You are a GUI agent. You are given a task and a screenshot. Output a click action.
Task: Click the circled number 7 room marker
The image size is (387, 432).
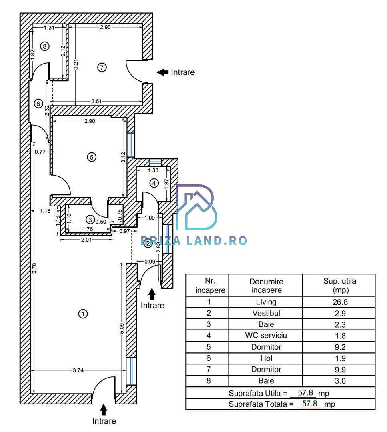click(x=102, y=67)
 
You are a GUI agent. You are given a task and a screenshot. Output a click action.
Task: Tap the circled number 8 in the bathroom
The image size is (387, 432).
click(x=45, y=46)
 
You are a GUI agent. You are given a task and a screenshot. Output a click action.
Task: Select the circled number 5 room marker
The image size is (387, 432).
click(x=92, y=157)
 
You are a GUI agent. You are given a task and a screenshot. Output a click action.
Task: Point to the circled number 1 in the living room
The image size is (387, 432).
click(x=83, y=314)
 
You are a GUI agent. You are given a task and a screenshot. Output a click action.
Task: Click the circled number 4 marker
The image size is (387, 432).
click(x=154, y=183)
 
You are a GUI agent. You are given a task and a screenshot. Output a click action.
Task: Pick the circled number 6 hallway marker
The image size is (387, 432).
click(x=38, y=104)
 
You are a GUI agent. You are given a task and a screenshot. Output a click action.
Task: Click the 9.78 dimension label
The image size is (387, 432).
click(x=34, y=268)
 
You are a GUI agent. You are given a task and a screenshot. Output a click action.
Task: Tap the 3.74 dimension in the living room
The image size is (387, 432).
click(x=78, y=370)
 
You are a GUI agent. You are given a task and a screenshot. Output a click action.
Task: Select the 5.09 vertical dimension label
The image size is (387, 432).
click(x=122, y=328)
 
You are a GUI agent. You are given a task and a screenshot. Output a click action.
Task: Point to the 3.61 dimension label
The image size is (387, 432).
click(x=96, y=101)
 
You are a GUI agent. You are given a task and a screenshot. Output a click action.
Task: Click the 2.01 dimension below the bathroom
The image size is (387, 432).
click(x=86, y=240)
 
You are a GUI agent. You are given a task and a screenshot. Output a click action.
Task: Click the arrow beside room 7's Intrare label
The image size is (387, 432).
click(x=162, y=72)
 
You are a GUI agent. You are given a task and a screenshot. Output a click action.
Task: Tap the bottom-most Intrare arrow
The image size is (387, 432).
click(x=104, y=410)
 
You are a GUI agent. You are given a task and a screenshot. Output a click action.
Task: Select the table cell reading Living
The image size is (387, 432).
click(x=266, y=302)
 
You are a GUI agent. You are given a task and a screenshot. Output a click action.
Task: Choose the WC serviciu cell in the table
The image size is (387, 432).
click(x=266, y=335)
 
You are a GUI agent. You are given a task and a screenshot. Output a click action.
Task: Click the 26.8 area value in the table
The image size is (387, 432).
click(x=340, y=302)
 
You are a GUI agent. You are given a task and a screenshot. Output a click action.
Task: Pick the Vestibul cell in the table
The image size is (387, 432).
click(x=266, y=313)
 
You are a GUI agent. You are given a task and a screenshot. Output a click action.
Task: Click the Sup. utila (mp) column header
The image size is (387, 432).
click(x=340, y=286)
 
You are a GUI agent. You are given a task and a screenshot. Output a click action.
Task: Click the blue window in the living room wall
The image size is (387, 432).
click(x=132, y=371)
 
